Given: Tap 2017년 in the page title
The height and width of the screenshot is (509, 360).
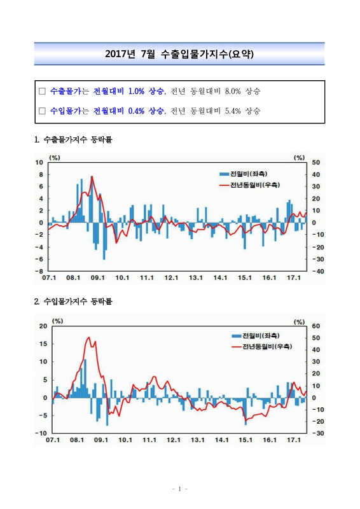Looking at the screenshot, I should (120, 54).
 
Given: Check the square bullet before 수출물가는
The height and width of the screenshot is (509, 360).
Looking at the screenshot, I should (42, 91).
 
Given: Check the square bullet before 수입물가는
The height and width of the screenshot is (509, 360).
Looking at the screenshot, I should (42, 110).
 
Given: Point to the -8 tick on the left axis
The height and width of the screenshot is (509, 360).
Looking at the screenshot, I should (39, 270).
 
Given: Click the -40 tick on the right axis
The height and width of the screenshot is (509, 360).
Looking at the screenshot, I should (316, 270).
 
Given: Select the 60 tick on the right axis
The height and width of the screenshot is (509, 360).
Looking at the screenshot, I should (316, 325).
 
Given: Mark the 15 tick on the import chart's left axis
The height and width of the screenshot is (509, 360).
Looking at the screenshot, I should (43, 344).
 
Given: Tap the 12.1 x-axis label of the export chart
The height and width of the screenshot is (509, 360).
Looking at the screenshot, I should (171, 277).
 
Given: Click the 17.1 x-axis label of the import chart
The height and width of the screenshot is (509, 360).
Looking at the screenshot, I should (294, 440).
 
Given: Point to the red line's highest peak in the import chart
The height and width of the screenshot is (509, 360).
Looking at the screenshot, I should (88, 337).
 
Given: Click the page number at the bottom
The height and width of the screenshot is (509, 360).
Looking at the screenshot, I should (179, 489).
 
